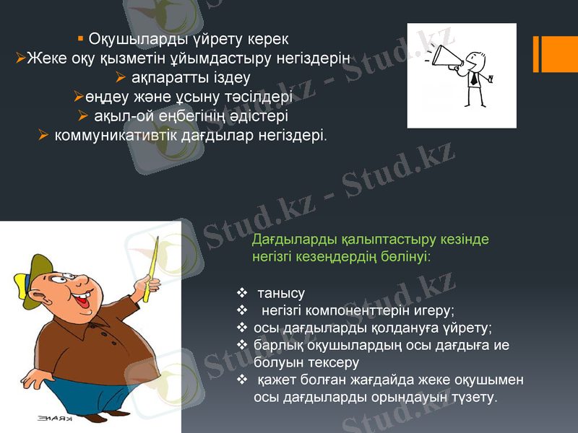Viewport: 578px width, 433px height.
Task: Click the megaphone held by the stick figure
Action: [x=444, y=60]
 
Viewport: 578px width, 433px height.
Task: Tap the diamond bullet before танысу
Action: [x=242, y=294]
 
